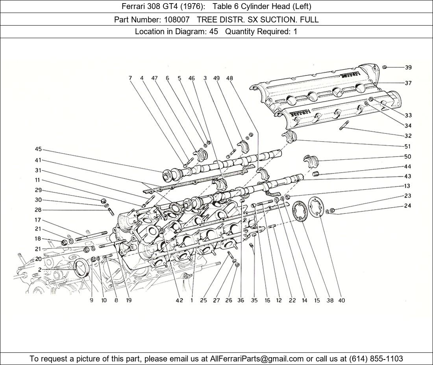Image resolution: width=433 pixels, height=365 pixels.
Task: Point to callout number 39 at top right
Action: pyautogui.click(x=408, y=67)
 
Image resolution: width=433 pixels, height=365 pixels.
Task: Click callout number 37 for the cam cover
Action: pyautogui.click(x=408, y=83)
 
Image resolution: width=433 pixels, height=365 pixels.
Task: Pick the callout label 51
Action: pyautogui.click(x=408, y=146)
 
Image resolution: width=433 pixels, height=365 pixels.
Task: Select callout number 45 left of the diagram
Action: pyautogui.click(x=38, y=149)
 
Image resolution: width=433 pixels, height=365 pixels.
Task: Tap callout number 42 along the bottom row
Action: pyautogui.click(x=179, y=300)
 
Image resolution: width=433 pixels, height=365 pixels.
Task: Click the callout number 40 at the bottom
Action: pyautogui.click(x=341, y=300)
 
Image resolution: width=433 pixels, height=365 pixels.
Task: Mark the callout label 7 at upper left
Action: pyautogui.click(x=130, y=78)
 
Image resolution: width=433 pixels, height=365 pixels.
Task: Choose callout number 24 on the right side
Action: pyautogui.click(x=408, y=206)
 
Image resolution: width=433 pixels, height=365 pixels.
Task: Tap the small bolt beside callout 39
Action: pyautogui.click(x=386, y=67)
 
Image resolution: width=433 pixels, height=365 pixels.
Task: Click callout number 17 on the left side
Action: pyautogui.click(x=38, y=220)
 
